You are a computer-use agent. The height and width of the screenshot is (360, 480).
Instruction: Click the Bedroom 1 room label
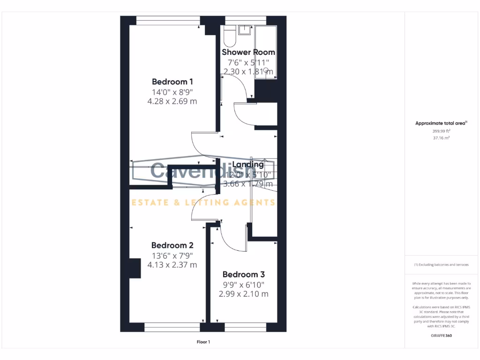(x=172, y=82)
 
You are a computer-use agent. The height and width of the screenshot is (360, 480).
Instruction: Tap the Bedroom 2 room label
(x=172, y=245)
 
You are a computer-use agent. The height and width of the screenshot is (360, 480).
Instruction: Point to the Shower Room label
(x=248, y=52)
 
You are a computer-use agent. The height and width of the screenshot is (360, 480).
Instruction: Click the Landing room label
(x=248, y=165)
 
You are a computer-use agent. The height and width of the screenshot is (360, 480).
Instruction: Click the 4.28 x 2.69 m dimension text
(x=172, y=101)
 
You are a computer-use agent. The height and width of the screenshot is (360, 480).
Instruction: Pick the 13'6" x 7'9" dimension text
(x=172, y=255)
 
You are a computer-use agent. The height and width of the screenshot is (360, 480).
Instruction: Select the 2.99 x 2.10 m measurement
(x=243, y=294)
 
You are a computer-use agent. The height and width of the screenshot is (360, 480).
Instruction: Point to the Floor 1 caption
(x=203, y=342)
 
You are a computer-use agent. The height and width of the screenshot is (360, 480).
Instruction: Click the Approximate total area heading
(x=441, y=123)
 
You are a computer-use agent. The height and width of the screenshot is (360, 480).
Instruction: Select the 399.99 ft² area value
(x=441, y=131)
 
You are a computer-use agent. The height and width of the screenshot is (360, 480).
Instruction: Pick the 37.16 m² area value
(x=441, y=138)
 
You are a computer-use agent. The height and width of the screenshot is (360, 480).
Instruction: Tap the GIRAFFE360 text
(x=441, y=336)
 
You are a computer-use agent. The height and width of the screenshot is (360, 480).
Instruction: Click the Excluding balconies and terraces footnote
(x=441, y=265)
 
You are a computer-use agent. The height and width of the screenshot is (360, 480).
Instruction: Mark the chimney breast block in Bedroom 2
(x=135, y=268)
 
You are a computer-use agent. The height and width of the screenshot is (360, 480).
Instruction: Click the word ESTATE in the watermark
(x=148, y=202)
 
